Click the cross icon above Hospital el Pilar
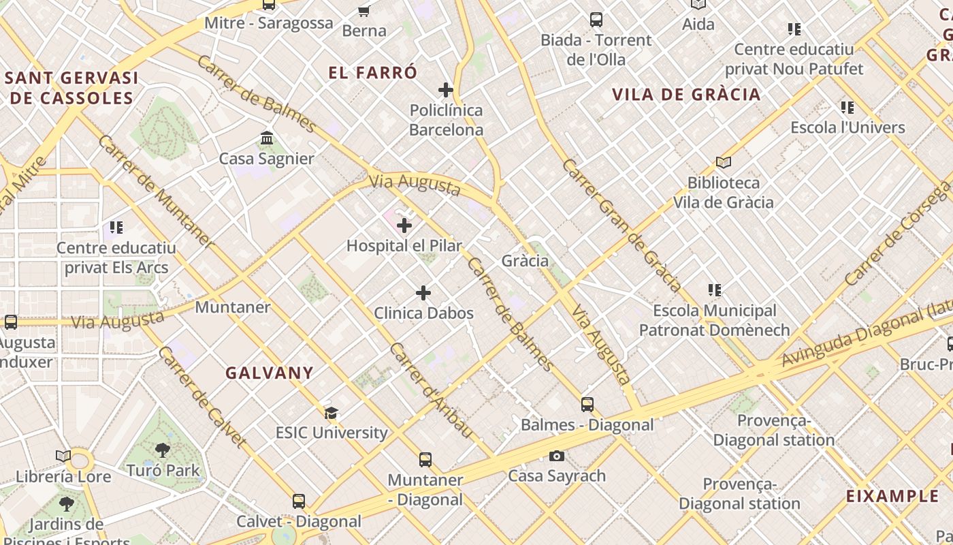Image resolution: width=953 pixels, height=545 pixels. coord(404,225)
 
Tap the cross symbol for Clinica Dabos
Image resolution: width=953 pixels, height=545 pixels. coord(423,293)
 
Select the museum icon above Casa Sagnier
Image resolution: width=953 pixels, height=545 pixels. coord(267,138)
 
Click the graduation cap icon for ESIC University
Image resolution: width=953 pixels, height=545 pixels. coord(332,413)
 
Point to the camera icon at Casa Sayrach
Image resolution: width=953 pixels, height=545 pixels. coord(557,456)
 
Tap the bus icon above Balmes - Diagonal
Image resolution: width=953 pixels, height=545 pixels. coord(587,405)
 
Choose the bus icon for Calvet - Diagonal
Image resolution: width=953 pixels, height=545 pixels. coord(299,501)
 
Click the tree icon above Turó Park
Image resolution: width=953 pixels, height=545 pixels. coord(163,450)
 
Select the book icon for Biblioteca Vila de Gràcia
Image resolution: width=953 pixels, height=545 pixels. coord(723,163)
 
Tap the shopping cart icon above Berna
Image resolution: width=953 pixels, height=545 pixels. coord(364,11)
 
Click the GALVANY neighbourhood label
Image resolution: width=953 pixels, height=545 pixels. coord(270,373)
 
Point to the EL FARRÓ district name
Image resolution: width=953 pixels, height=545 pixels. coord(372,73)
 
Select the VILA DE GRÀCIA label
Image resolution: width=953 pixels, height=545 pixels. coord(685,95)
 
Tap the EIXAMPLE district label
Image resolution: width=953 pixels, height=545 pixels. coord(892,496)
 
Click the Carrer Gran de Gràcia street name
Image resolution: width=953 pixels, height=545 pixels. coord(621,224)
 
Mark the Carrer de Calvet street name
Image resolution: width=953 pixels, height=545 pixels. coord(201,396)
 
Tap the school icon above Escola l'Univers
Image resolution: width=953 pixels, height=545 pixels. coord(847,108)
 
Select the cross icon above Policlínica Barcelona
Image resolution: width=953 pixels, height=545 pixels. coord(446,90)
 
